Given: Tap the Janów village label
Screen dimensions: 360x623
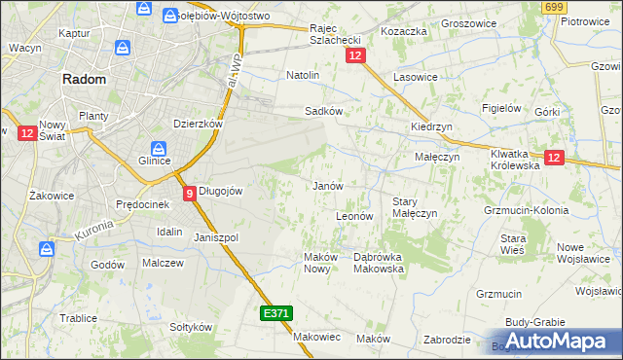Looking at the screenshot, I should pyautogui.click(x=327, y=185).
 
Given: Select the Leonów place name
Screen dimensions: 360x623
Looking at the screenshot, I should pyautogui.click(x=354, y=216).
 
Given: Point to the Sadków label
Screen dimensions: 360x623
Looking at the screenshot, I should pyautogui.click(x=323, y=111).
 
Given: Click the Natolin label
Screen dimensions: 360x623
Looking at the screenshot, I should pyautogui.click(x=303, y=74).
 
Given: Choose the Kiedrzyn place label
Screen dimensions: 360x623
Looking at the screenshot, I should pyautogui.click(x=431, y=127).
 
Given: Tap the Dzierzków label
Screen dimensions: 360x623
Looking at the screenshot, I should pyautogui.click(x=199, y=124).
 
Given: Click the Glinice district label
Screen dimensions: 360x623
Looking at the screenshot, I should pyautogui.click(x=155, y=161).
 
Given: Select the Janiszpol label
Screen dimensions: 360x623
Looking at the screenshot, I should pyautogui.click(x=216, y=237).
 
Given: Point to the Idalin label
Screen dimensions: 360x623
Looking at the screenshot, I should pyautogui.click(x=169, y=232).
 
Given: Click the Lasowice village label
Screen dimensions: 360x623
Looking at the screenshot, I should pyautogui.click(x=415, y=76).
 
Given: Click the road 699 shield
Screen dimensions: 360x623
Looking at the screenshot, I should pyautogui.click(x=555, y=8).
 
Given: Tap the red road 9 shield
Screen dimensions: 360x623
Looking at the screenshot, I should pyautogui.click(x=189, y=193).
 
